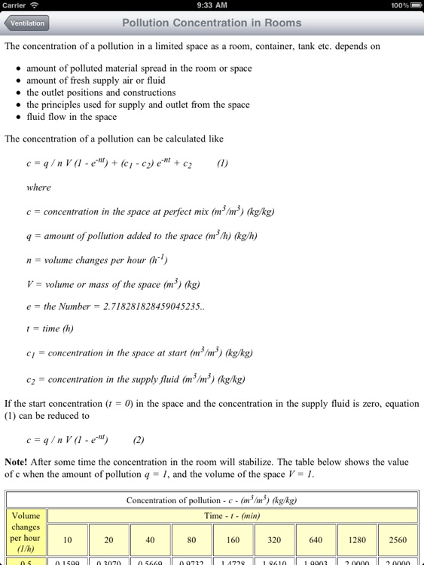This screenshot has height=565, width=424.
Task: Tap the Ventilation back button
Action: pos(27,23)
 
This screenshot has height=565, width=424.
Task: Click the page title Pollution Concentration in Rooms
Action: pos(212,23)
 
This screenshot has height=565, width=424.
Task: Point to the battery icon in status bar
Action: pos(415,5)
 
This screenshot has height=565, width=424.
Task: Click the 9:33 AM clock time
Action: pos(212,5)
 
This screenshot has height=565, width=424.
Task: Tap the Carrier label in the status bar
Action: pos(14,5)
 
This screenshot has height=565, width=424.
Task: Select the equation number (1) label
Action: pos(222,163)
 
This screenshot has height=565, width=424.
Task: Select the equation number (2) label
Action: pos(139,439)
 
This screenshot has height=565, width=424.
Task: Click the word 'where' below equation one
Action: pos(38,188)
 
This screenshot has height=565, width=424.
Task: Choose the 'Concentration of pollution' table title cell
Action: pos(212,500)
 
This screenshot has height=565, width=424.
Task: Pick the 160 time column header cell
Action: pos(233,540)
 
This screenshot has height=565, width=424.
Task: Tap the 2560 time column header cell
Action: pos(398,540)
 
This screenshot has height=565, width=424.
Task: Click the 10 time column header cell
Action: pos(67,540)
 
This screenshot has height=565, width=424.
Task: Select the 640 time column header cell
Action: pos(316,540)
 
